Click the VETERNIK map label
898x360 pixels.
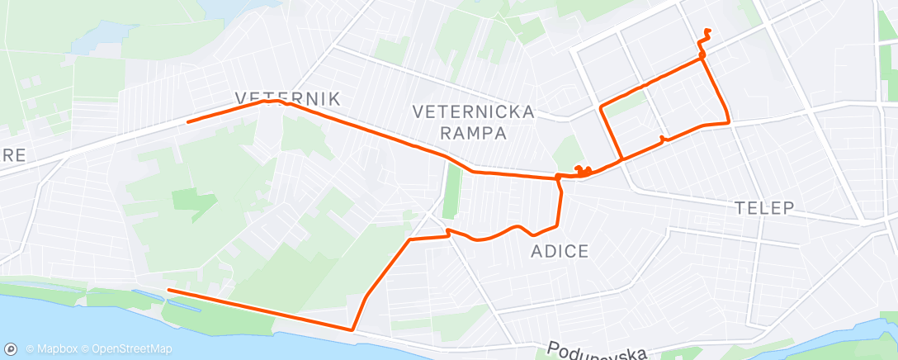[287, 98]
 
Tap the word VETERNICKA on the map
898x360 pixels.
[475, 111]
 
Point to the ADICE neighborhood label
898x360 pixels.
[560, 251]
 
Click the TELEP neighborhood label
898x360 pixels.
[764, 208]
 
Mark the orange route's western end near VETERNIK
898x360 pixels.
[189, 121]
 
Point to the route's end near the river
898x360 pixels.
[169, 290]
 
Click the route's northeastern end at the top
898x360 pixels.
[707, 31]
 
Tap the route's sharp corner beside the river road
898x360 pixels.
[353, 329]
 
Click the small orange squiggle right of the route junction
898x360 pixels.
[583, 172]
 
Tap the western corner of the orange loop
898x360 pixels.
[601, 107]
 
